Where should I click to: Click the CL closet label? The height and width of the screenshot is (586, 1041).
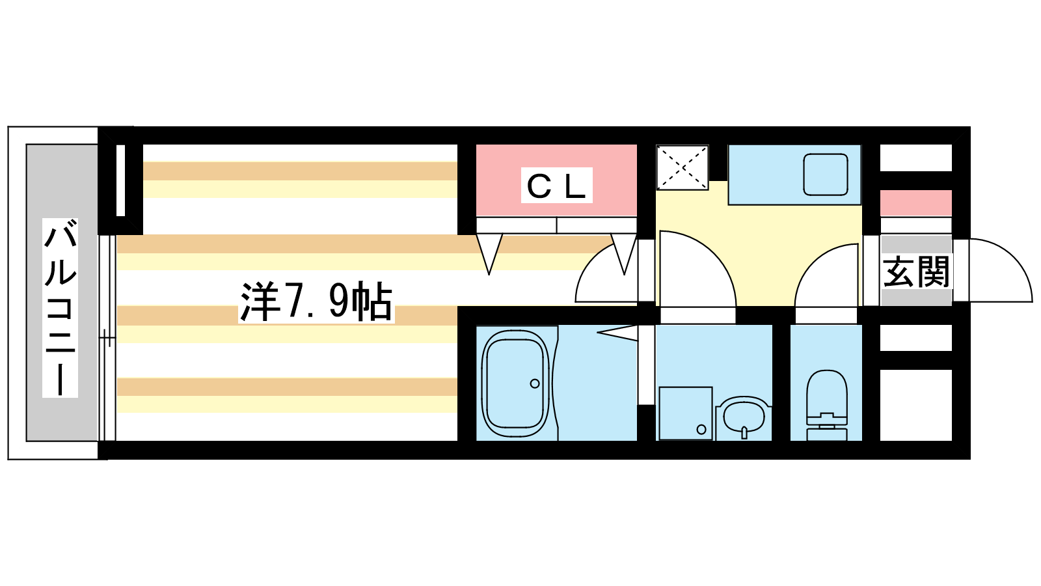[x=557, y=186]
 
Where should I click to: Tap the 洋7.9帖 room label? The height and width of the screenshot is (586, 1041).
[x=316, y=302]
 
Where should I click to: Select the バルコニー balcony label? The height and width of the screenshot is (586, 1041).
[x=61, y=308]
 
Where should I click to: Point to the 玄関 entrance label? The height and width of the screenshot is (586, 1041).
[x=916, y=272]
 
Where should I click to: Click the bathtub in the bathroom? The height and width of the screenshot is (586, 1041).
[x=515, y=384]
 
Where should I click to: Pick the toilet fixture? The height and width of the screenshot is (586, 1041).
[x=826, y=404]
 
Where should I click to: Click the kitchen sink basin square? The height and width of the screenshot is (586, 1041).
[x=825, y=174]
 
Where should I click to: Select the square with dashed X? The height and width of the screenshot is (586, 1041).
[x=682, y=168]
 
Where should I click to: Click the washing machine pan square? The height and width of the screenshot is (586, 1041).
[x=685, y=413]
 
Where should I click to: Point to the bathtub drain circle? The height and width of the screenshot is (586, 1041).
[x=535, y=384]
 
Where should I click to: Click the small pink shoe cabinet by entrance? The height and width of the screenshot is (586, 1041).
[x=915, y=203]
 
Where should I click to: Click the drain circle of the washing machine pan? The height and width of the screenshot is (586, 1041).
[x=701, y=429]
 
